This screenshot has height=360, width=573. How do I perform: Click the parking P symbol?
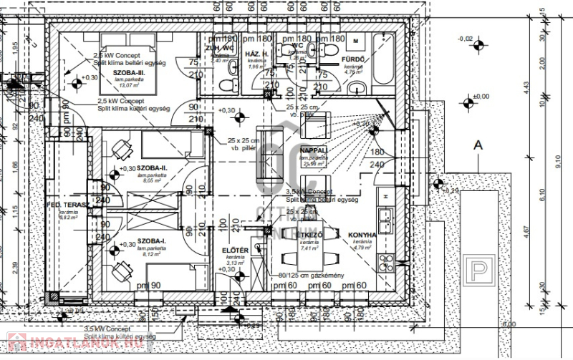(475, 273)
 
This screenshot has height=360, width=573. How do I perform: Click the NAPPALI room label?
(314, 150)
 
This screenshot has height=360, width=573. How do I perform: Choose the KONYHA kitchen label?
(362, 235)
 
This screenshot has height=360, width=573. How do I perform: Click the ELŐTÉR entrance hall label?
(235, 250)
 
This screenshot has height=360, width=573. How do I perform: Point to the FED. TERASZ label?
(68, 205)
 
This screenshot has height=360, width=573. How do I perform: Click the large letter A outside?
(478, 145)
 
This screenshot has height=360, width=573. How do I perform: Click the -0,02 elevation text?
(466, 38)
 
